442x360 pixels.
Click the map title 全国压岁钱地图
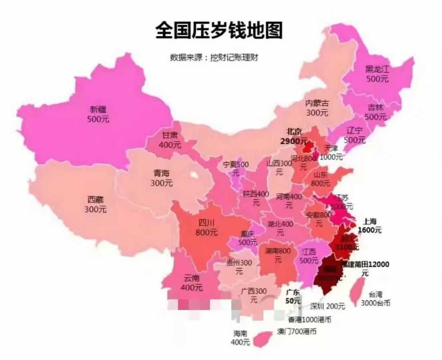pos(219,30)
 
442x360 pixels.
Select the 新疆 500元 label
pos(98,114)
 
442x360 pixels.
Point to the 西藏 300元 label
pos(95,205)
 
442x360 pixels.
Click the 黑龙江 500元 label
pos(377,74)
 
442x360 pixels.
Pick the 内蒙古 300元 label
pos(317,107)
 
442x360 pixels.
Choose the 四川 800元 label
pos(207,228)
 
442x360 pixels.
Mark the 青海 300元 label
pos(161,178)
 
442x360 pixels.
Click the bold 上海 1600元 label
pos(370,225)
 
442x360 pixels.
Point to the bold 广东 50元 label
pos(293,297)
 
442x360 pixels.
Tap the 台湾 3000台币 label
pos(375,299)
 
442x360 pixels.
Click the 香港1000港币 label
pos(309,319)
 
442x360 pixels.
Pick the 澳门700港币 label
pos(297,331)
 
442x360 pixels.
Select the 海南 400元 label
pos(241,338)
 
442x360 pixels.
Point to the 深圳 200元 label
pos(327,306)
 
